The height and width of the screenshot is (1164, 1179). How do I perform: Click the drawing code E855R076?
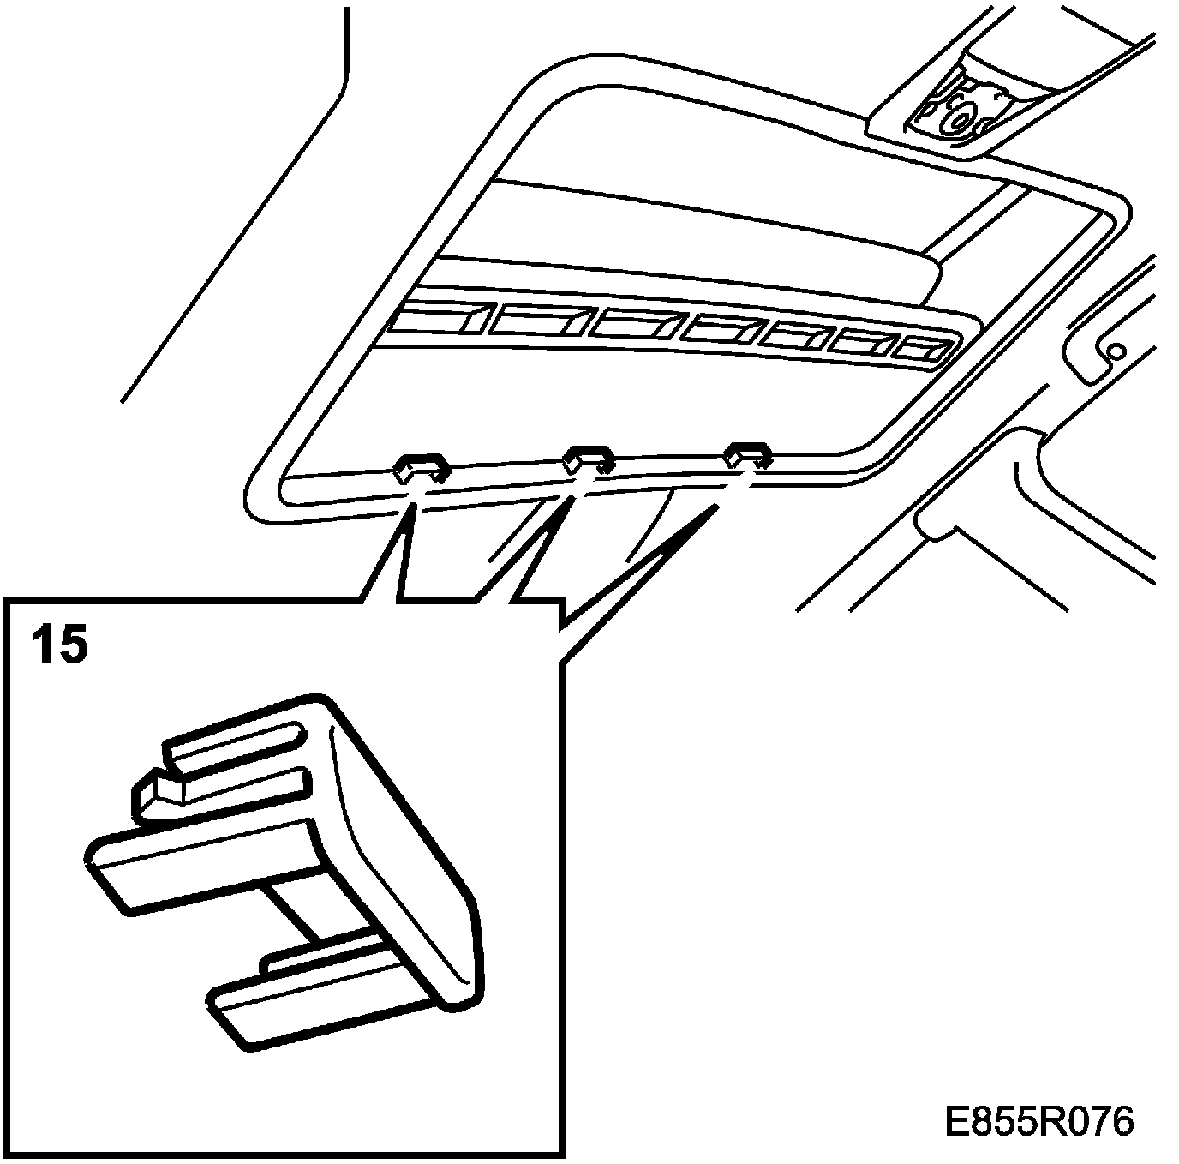tap(1038, 1121)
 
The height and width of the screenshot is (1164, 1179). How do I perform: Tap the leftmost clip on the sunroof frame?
tap(421, 468)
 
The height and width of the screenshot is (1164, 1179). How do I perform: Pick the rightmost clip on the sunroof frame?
tap(747, 454)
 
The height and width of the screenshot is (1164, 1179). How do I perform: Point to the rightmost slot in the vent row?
tap(922, 349)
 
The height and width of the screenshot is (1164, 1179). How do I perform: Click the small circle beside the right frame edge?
tap(1116, 351)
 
